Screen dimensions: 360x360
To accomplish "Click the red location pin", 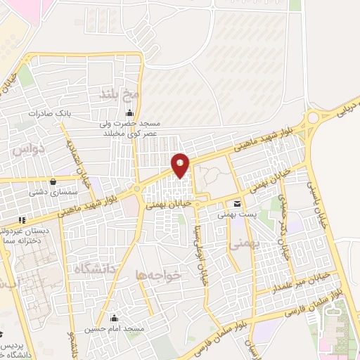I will coord(180,165).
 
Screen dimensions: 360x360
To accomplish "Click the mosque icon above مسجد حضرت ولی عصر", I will coord(129,113).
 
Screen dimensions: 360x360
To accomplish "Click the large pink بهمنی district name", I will coord(241,243).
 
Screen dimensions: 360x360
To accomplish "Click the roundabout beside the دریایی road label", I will coord(316,120).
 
